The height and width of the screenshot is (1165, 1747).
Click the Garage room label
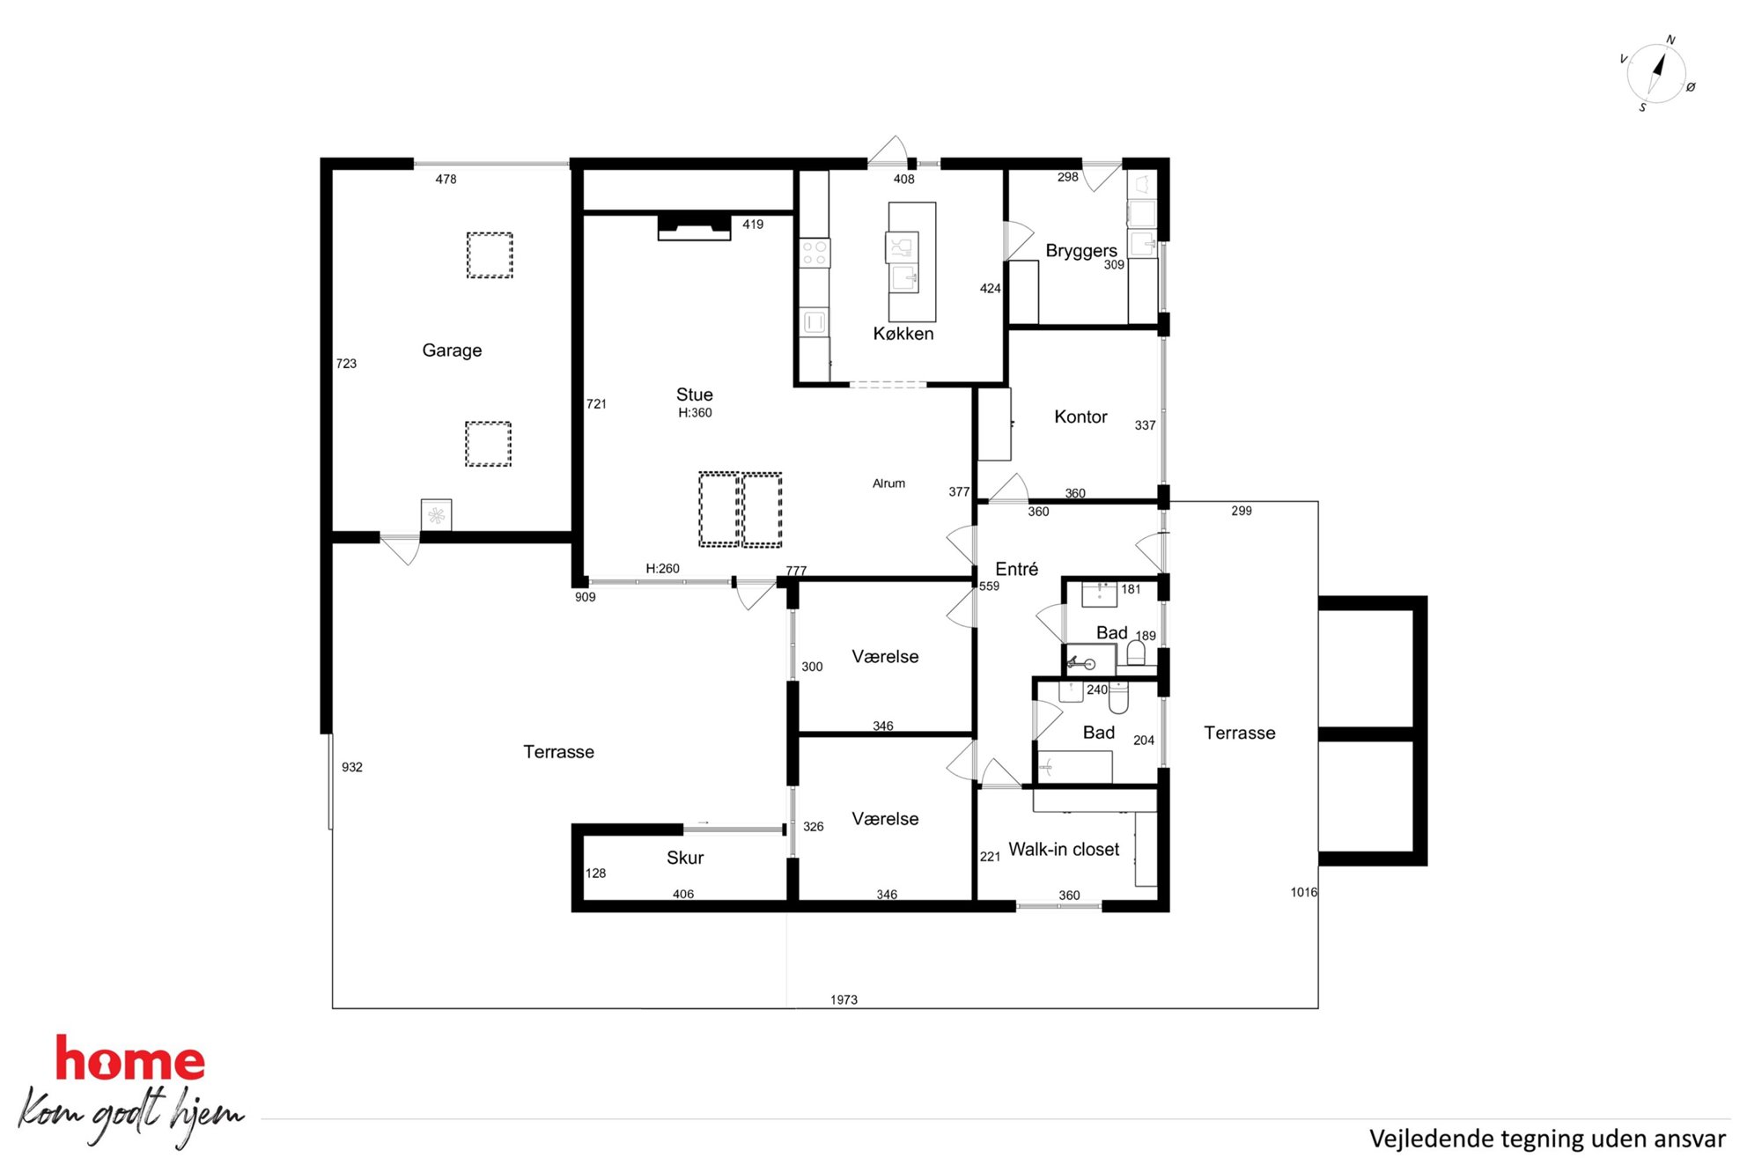coord(452,350)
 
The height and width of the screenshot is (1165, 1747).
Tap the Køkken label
coord(903,334)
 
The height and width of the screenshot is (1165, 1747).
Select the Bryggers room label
coord(1081,251)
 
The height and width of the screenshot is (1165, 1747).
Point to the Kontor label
coord(1080,417)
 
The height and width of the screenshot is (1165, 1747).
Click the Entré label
coord(1017,569)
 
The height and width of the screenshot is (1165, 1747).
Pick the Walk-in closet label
coord(1064,849)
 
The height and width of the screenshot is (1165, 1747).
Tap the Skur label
coord(685,858)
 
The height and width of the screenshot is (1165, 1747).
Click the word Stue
coord(695,394)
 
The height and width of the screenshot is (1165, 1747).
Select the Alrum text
coord(888,483)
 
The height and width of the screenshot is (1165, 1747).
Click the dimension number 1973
coord(844,999)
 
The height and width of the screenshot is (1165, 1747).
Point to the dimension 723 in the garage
coord(346,363)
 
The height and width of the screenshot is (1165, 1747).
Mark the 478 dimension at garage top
coord(446,179)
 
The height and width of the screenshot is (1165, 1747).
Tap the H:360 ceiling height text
coord(695,412)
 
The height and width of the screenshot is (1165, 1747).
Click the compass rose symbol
coord(1656,74)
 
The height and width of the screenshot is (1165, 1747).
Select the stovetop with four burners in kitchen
coord(815,254)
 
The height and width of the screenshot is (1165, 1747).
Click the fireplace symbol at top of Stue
coord(695,227)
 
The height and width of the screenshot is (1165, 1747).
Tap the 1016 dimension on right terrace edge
coord(1304,892)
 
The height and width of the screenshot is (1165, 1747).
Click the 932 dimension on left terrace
coord(352,767)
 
